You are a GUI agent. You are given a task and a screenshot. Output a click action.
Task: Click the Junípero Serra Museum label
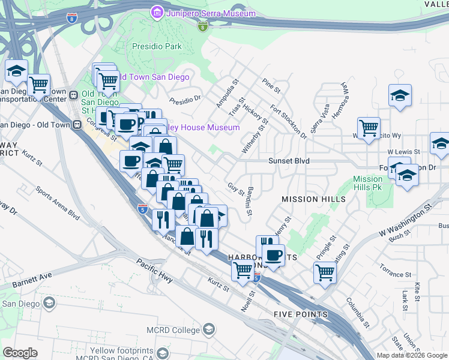tap(211, 13)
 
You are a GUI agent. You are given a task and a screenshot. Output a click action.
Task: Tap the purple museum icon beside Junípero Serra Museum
tap(157, 13)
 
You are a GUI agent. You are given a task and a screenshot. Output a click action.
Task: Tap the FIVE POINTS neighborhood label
tap(300, 314)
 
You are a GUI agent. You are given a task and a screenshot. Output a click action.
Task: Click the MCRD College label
tap(173, 330)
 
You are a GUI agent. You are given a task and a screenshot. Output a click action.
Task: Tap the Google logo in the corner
tap(20, 353)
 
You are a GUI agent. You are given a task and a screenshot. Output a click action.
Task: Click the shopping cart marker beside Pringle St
tap(325, 272)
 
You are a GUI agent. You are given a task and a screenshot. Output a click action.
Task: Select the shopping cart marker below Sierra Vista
tap(368, 127)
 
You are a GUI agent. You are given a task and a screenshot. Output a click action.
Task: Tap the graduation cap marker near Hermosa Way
tap(400, 95)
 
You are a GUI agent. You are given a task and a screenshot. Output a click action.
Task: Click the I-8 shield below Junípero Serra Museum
tap(203, 26)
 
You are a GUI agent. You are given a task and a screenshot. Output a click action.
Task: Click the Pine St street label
tap(271, 86)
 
